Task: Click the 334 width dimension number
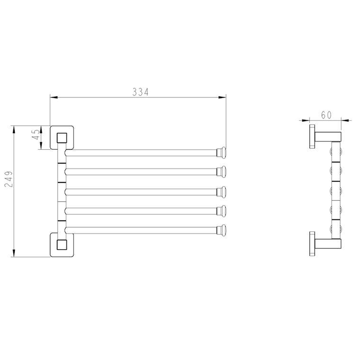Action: click(x=140, y=92)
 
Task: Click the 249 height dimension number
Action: click(x=9, y=179)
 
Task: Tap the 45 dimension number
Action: click(x=36, y=135)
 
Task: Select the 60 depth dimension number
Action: click(x=326, y=115)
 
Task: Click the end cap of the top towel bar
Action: click(x=222, y=153)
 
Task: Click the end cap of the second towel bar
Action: click(x=222, y=171)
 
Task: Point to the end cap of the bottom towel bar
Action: click(x=222, y=230)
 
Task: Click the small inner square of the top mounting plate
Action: click(x=62, y=138)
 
